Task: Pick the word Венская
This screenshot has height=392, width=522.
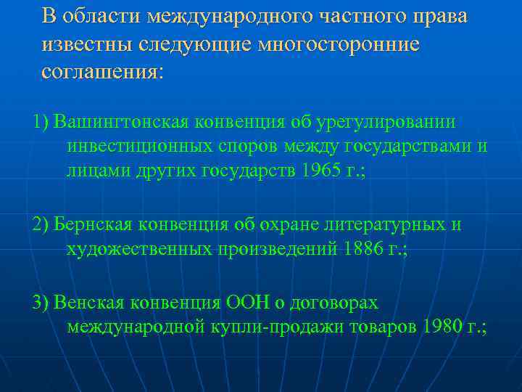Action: point(83,301)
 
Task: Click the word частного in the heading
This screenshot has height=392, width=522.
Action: point(352,16)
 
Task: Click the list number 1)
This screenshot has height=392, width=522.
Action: point(41,121)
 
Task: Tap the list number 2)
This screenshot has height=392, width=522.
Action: point(41,225)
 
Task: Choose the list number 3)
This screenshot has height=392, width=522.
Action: point(41,301)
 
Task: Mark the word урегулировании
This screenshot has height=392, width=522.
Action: point(392,121)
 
